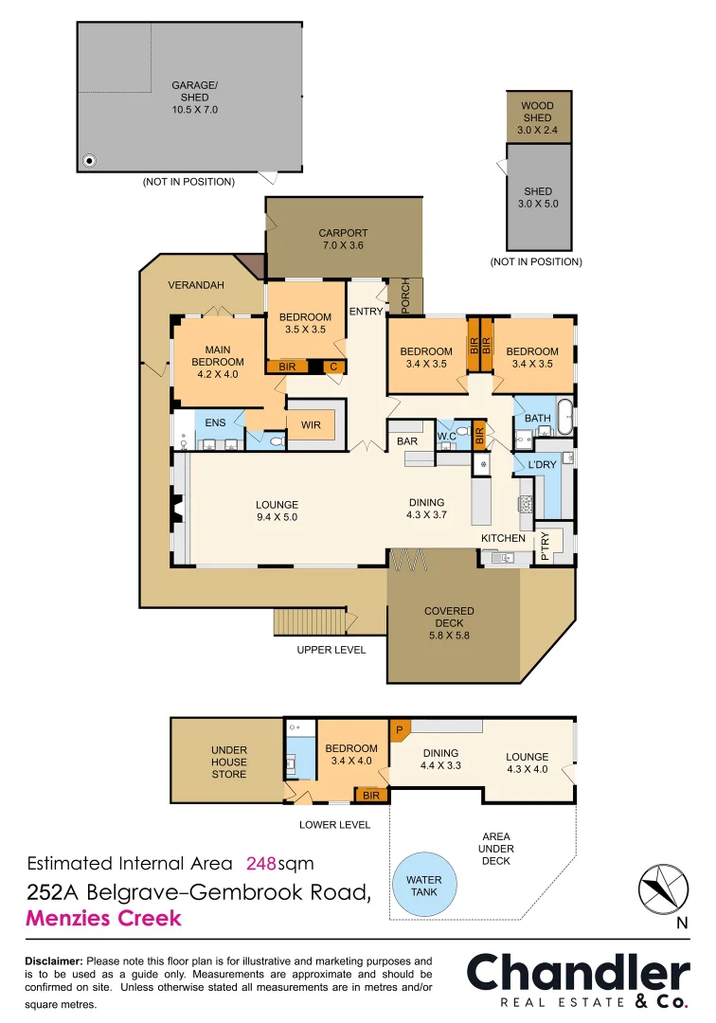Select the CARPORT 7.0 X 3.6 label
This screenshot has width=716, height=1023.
tap(343, 239)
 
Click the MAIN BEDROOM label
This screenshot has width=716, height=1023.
tap(218, 362)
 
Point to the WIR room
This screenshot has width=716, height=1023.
tap(312, 425)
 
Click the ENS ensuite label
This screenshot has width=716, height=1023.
tap(215, 422)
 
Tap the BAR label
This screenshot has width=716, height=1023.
tap(407, 441)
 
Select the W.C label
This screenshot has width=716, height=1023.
tap(447, 436)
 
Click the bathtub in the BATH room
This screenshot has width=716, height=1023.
tap(565, 417)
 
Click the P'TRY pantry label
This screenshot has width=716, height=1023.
tap(545, 547)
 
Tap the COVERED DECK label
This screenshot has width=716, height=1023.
tap(449, 623)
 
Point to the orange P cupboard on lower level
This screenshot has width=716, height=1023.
tap(400, 730)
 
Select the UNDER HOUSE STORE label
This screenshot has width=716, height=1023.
tap(228, 762)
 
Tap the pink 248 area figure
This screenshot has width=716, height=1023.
tap(261, 864)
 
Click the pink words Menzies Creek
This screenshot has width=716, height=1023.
tap(103, 918)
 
